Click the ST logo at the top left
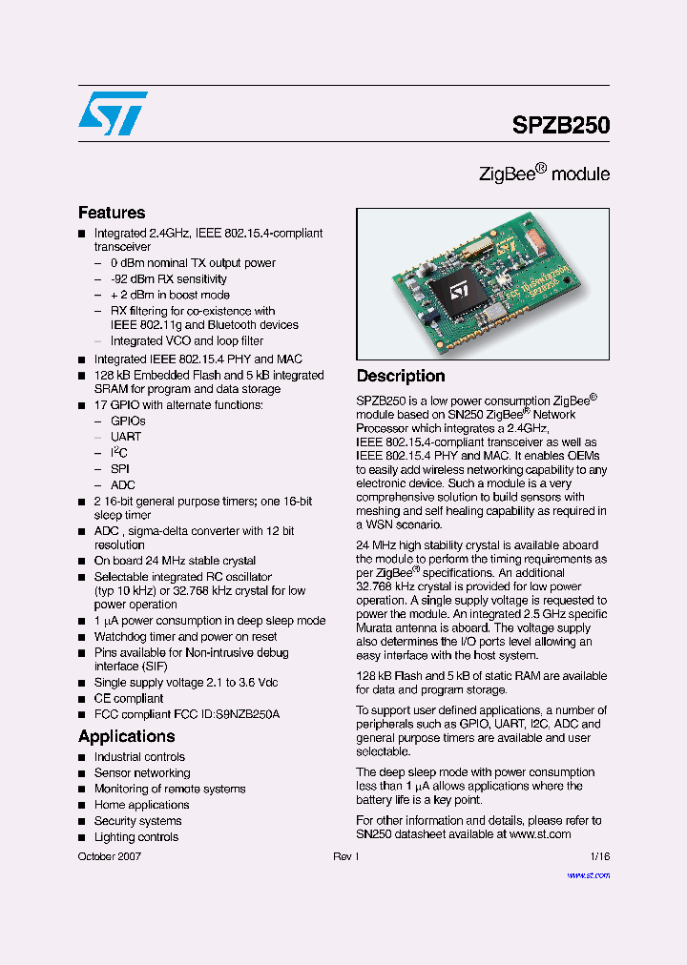tap(113, 113)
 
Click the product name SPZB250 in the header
tap(561, 125)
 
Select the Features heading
tap(112, 213)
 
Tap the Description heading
tap(401, 376)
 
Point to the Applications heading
tap(126, 736)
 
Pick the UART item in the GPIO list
tap(126, 437)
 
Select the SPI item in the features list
tap(120, 469)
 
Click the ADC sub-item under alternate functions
tap(123, 485)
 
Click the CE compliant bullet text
tap(129, 699)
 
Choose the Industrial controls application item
tap(139, 757)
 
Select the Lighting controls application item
tap(136, 837)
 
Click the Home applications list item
tap(141, 805)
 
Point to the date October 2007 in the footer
tap(110, 857)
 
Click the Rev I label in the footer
tap(345, 857)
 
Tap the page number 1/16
tap(599, 857)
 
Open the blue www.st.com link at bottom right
tap(588, 875)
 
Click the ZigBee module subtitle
tap(544, 174)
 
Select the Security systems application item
tap(137, 821)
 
